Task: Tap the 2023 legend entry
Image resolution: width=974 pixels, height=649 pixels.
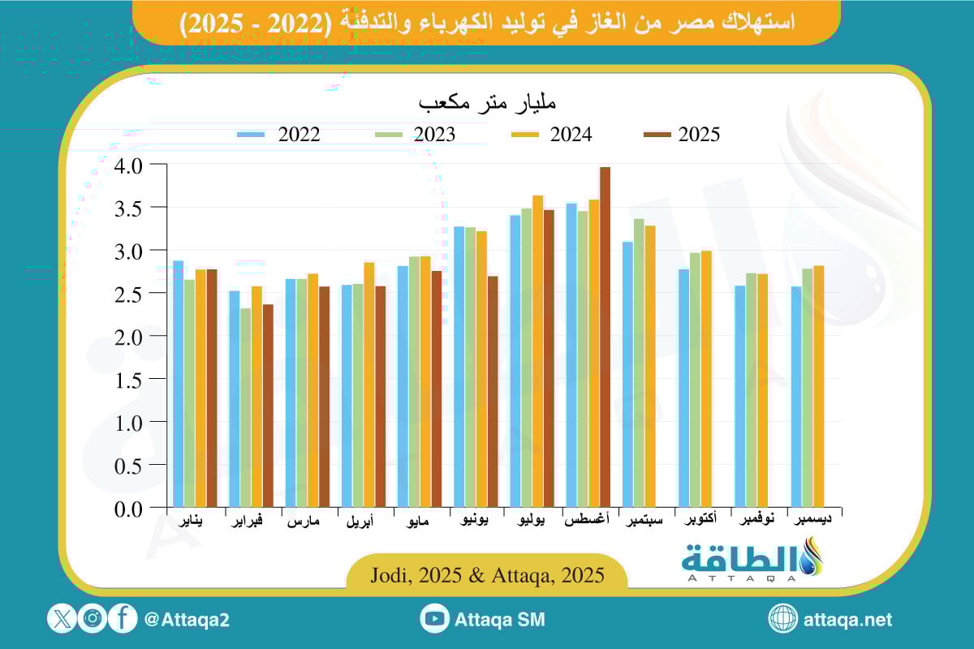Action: (x=414, y=135)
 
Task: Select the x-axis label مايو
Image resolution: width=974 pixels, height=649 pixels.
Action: (x=420, y=522)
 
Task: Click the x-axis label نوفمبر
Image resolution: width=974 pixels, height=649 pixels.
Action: (x=758, y=520)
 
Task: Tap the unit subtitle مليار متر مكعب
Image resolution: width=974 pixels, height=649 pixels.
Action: (x=487, y=104)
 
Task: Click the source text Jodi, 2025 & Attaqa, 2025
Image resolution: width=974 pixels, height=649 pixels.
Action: (x=487, y=576)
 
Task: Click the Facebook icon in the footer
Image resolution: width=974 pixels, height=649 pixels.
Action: (x=123, y=620)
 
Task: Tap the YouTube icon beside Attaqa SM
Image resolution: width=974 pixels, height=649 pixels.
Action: (x=435, y=620)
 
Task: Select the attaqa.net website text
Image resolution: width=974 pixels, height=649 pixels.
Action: (x=847, y=620)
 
